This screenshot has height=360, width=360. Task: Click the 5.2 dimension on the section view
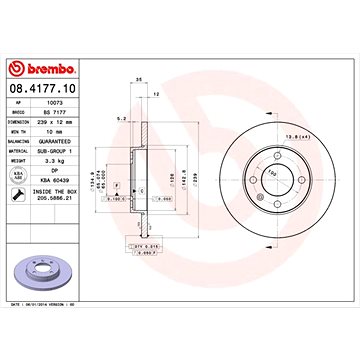(121, 118)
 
